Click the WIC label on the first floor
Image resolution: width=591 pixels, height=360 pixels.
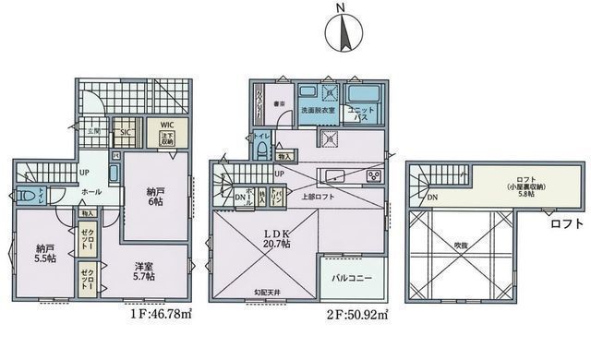pyautogui.click(x=167, y=125)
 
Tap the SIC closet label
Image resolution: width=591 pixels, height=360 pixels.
pyautogui.click(x=125, y=132)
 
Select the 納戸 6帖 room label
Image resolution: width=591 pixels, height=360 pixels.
pyautogui.click(x=155, y=198)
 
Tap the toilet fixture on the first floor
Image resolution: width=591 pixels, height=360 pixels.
pyautogui.click(x=29, y=196)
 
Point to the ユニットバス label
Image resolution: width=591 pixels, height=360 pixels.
pyautogui.click(x=359, y=114)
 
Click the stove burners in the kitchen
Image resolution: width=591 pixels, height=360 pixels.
pyautogui.click(x=374, y=175)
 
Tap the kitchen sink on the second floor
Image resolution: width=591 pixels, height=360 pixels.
pyautogui.click(x=332, y=175)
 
